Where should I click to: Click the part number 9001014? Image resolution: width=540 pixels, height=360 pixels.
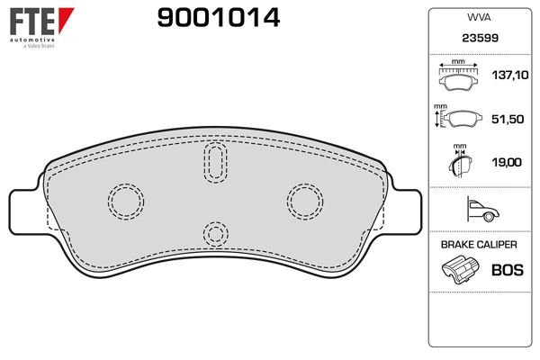pos(219,18)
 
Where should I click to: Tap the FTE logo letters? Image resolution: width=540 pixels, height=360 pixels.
pos(32,22)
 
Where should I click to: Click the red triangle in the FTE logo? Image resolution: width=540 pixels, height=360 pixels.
pos(66,19)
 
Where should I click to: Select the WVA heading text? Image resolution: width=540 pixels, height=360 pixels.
pos(479,17)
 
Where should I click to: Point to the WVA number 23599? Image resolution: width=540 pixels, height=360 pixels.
pos(480,38)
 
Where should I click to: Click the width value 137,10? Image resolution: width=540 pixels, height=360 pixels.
pos(510,75)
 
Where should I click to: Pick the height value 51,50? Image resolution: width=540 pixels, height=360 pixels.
pos(508,119)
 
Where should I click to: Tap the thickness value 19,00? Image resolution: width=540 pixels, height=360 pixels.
pos(507,162)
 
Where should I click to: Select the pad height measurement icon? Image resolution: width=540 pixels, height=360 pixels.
pos(458,118)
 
